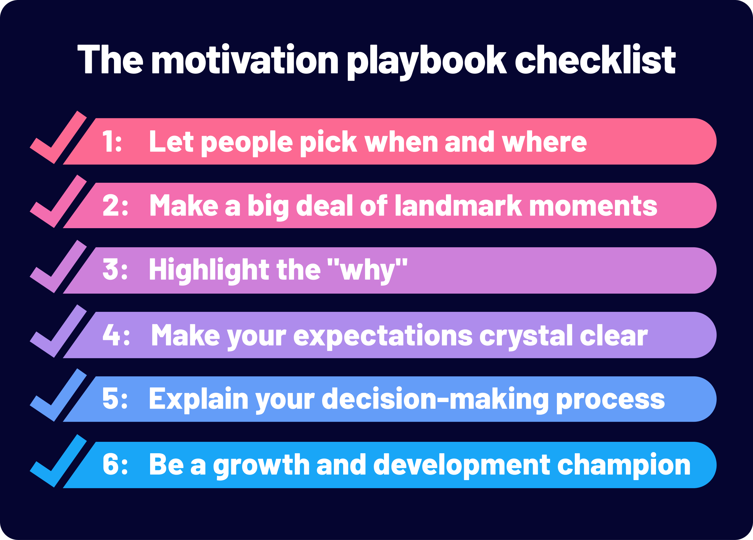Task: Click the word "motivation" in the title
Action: click(245, 59)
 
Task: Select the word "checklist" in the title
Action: click(595, 59)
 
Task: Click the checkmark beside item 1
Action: click(58, 137)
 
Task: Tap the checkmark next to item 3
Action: click(58, 266)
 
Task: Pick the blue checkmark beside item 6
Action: click(58, 461)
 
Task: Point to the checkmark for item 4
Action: click(58, 331)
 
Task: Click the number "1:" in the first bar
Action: click(112, 141)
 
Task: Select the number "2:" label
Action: click(115, 205)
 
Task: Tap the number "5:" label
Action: click(115, 398)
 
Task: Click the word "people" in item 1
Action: click(247, 143)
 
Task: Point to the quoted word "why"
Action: click(367, 271)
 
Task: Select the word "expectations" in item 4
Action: click(383, 337)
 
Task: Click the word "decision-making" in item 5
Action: click(435, 400)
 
